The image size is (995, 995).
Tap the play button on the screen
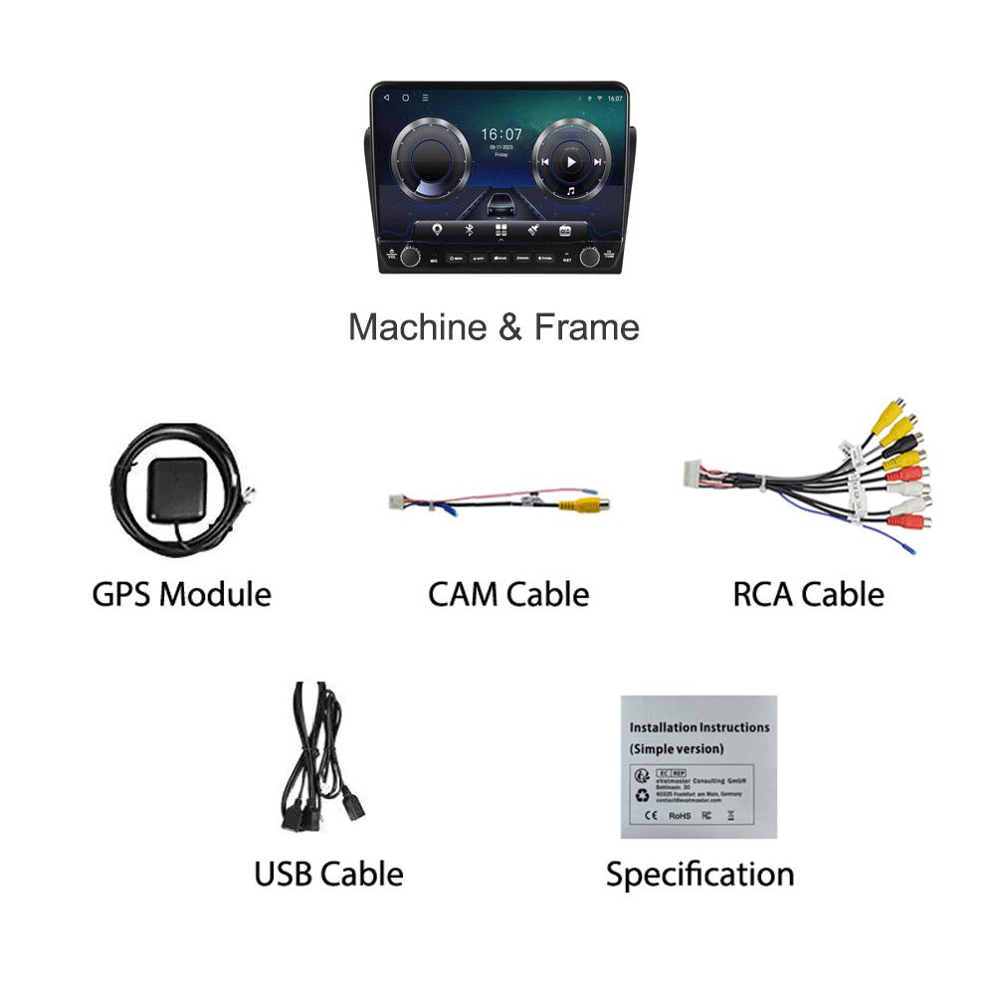click(570, 161)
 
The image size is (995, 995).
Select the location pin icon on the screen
click(436, 231)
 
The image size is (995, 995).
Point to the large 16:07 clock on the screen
click(500, 133)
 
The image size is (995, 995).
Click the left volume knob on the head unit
click(410, 257)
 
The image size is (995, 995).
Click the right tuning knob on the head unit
click(590, 257)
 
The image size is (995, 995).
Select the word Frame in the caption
click(586, 327)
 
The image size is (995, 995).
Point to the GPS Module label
click(181, 595)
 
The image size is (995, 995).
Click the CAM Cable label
click(508, 595)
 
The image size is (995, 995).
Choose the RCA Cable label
click(808, 595)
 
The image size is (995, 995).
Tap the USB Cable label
click(328, 875)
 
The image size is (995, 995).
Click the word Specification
click(699, 875)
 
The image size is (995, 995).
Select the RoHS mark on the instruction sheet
click(680, 816)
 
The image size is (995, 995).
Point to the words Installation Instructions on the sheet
click(699, 727)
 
